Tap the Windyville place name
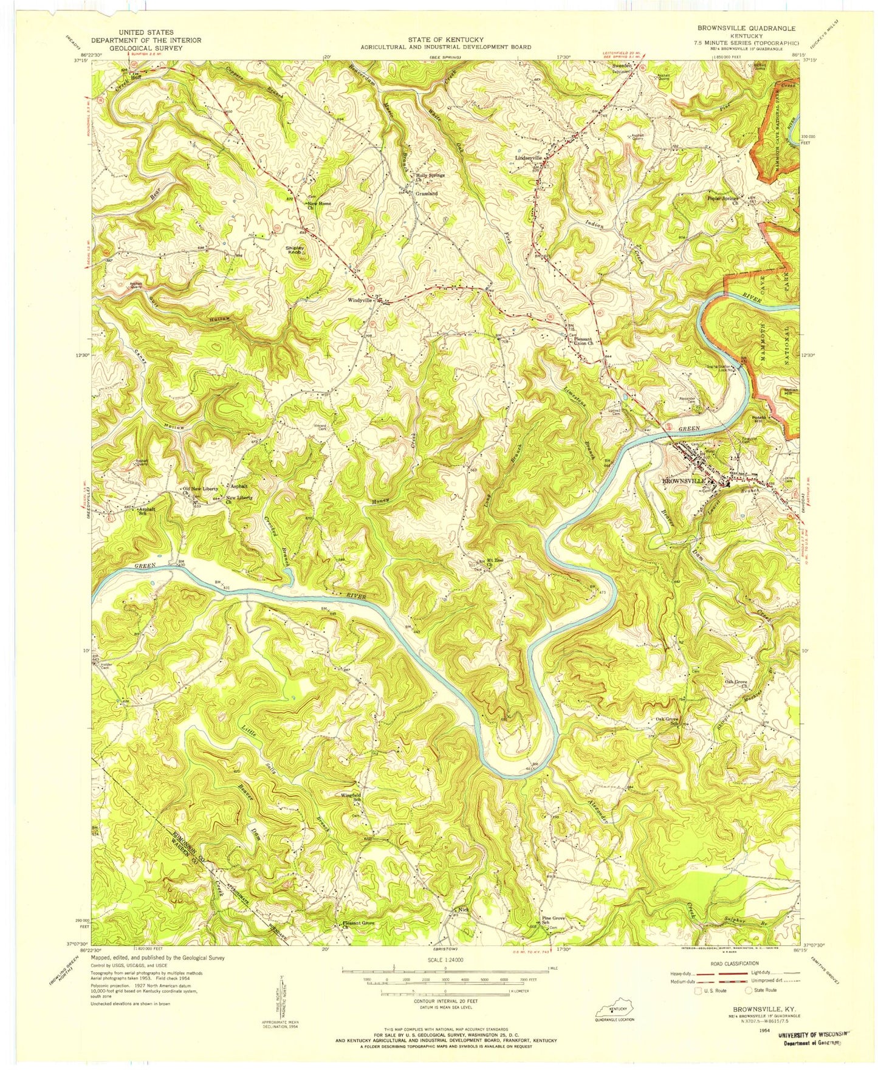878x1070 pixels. click(x=358, y=300)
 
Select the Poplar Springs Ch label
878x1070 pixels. click(x=722, y=199)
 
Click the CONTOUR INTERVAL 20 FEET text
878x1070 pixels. click(x=445, y=1000)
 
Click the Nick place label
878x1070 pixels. click(x=464, y=910)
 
